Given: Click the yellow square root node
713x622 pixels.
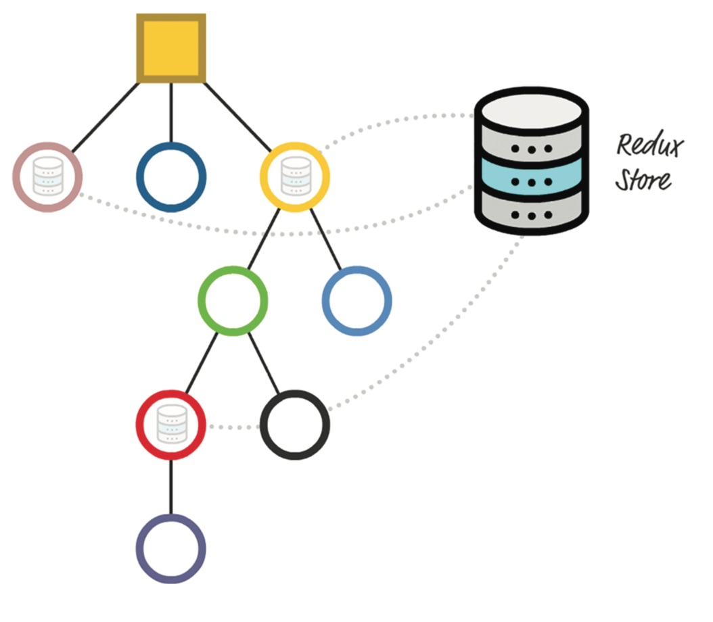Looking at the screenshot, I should point(170,49).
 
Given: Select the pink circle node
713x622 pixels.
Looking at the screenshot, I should point(47,176).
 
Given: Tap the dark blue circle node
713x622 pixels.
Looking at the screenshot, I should point(171,176).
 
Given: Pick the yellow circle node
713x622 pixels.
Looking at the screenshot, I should point(294,176).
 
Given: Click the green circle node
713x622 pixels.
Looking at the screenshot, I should point(233,300).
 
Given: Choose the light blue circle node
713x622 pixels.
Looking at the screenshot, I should point(356,300).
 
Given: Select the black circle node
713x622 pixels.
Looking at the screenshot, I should point(295,425).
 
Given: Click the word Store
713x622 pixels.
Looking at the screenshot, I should point(643,180).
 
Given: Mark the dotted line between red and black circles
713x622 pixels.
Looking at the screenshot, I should point(233,427).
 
